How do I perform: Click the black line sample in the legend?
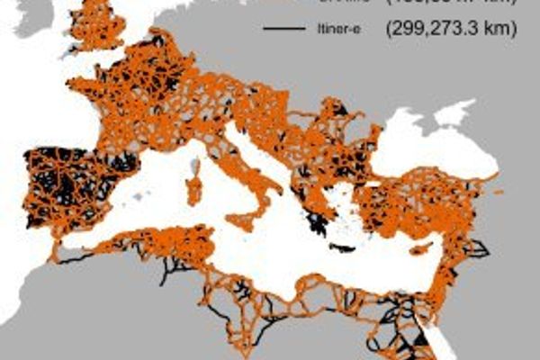[x=283, y=30]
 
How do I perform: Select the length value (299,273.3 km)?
[x=450, y=29]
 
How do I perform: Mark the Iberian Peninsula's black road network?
[x=76, y=184]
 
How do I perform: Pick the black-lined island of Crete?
[x=343, y=247]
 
